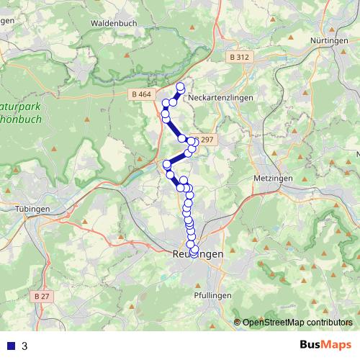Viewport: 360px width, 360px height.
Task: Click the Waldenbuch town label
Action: tap(113, 23)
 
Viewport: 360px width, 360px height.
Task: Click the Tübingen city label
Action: tap(31, 208)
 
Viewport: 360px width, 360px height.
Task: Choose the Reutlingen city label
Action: tap(198, 255)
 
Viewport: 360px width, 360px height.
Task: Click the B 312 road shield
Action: tap(239, 57)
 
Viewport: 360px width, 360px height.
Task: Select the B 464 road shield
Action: tap(143, 94)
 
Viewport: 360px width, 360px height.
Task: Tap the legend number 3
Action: tap(25, 346)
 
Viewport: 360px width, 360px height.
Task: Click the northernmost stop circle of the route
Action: tap(180, 87)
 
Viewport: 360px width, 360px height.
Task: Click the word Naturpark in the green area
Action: tap(22, 105)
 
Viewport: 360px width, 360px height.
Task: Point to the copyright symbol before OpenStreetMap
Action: tap(238, 323)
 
